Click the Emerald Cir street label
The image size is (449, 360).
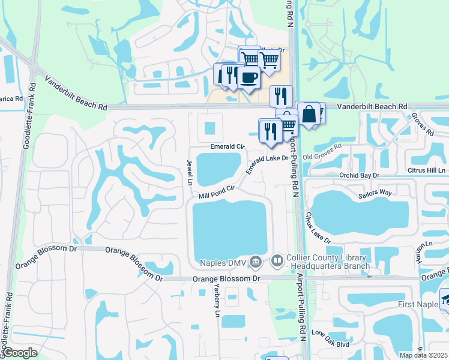[228, 146]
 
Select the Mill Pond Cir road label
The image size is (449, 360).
[215, 191]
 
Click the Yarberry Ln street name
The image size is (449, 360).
[217, 299]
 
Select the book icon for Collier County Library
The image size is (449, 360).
[277, 261]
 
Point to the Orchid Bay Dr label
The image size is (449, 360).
[360, 175]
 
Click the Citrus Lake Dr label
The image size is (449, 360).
[317, 227]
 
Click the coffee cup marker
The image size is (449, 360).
[249, 76]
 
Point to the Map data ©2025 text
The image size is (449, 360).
[424, 355]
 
